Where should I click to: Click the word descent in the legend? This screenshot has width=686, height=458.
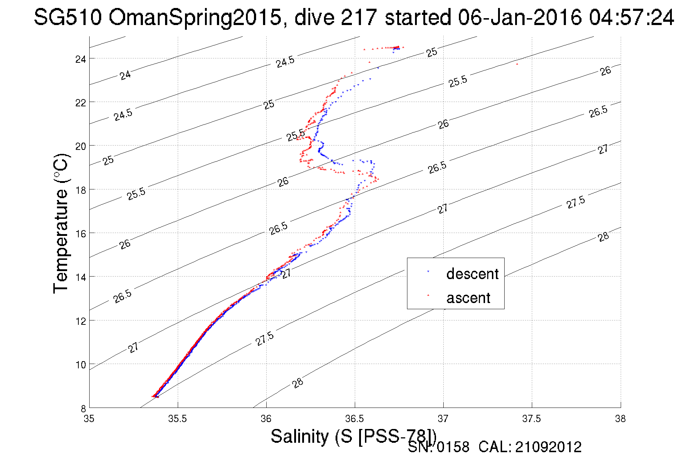click(x=472, y=274)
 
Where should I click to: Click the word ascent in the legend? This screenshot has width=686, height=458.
click(x=468, y=298)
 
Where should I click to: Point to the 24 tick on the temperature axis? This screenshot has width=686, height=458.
click(x=81, y=59)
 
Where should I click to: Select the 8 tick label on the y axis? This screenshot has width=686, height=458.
click(x=83, y=409)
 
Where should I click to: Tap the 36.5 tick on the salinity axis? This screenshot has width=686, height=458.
click(x=354, y=419)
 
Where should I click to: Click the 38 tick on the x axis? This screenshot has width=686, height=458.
click(x=620, y=419)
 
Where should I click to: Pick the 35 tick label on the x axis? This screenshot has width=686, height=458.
click(x=89, y=419)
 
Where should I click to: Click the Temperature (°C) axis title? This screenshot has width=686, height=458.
click(x=61, y=224)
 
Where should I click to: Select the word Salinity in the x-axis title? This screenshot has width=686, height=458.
click(x=299, y=436)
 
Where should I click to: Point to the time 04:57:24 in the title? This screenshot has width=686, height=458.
click(x=631, y=17)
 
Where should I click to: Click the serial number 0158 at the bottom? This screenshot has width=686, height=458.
click(x=453, y=447)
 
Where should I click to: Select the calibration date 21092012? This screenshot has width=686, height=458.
click(x=548, y=447)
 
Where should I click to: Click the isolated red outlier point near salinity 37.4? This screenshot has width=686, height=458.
click(x=517, y=64)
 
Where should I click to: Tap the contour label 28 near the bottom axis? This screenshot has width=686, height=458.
click(x=297, y=383)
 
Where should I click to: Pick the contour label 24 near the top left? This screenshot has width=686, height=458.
click(x=125, y=75)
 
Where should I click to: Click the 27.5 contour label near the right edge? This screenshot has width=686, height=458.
click(x=576, y=203)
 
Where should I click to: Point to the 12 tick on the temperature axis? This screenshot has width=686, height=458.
click(x=81, y=321)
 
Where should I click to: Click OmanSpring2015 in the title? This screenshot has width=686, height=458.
click(x=195, y=17)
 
